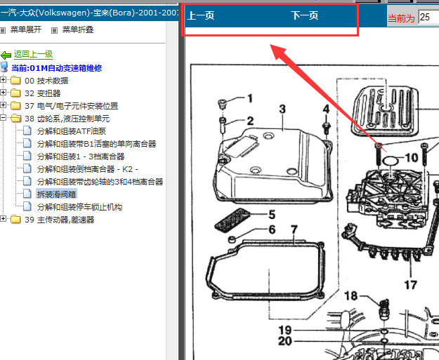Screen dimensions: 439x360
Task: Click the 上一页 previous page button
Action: pos(201,15)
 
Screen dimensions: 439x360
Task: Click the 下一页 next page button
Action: pos(305,15)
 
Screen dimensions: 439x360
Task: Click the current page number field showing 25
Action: pos(428,17)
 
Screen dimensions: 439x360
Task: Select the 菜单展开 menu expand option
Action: pos(26,29)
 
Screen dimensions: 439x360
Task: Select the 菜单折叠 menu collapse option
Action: pos(78,29)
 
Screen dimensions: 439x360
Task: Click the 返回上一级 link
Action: pos(33,54)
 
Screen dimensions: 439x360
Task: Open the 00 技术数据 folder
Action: pos(46,81)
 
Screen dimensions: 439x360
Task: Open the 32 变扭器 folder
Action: pos(43,93)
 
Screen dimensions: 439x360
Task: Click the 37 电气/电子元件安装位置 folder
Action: pos(72,106)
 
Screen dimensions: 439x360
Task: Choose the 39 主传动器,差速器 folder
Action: pos(60,220)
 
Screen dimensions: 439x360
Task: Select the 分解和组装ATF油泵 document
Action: pos(72,131)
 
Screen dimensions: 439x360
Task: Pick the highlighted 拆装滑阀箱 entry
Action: pos(56,194)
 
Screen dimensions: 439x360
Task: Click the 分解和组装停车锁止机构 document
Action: pos(79,207)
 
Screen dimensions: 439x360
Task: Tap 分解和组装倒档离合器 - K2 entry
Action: pos(88,169)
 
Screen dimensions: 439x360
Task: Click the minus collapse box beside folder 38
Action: pos(3,118)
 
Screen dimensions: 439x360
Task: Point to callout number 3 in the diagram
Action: pos(282,109)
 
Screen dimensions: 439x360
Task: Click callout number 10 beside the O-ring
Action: pos(412,158)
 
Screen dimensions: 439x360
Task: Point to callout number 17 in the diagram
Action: pos(410,285)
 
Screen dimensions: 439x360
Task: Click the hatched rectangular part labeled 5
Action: pos(232,220)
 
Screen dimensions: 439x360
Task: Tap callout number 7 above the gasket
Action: pos(294,230)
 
